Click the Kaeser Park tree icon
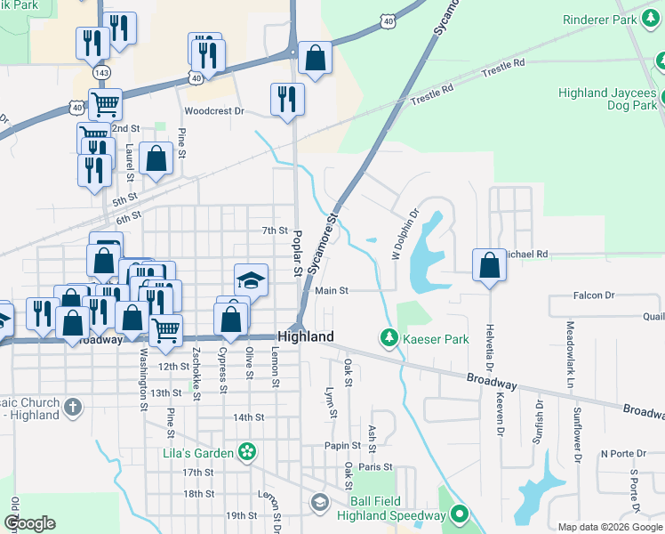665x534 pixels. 388,338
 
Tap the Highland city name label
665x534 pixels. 306,336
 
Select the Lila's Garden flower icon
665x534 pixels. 247,452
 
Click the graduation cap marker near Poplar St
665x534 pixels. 251,280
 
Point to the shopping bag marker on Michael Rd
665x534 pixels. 489,265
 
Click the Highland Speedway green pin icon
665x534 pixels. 460,514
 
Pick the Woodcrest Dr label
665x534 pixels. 213,111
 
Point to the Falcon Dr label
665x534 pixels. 594,295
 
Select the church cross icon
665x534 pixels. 73,409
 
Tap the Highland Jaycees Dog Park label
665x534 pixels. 607,99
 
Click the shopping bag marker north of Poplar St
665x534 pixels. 314,58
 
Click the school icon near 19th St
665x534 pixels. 319,504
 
